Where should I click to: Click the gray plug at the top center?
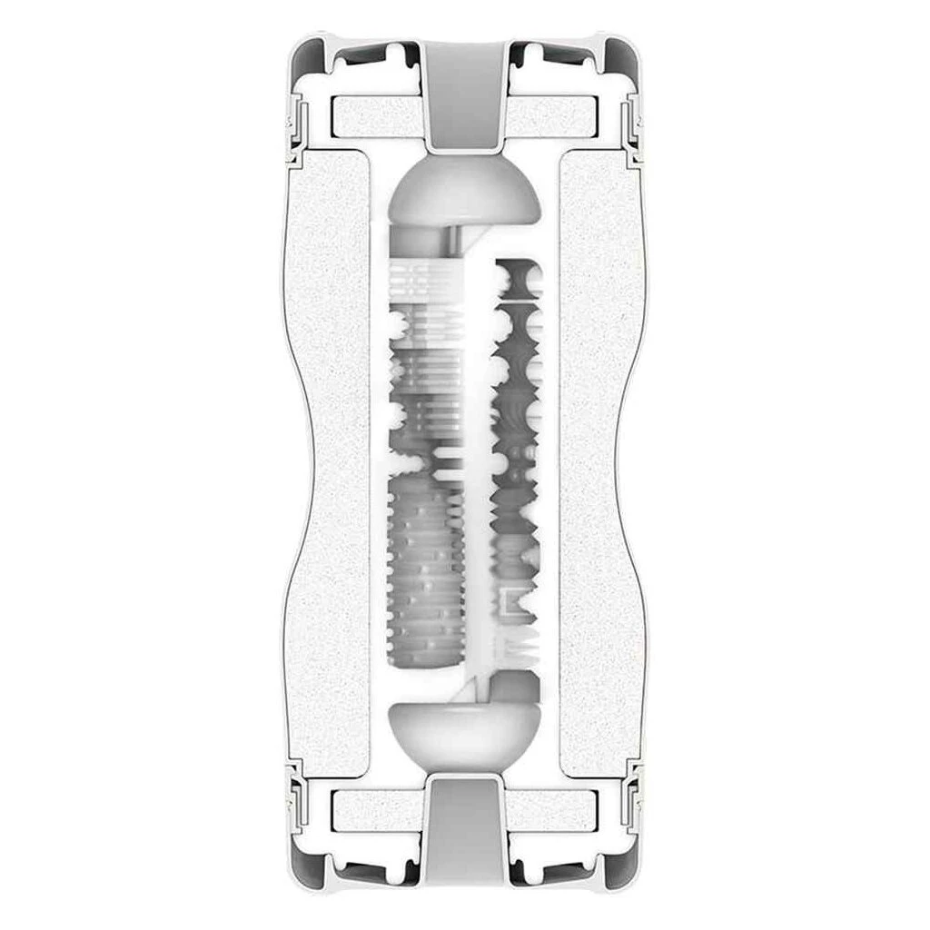point(464,95)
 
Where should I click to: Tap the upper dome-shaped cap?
point(464,195)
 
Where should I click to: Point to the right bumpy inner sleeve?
point(514,454)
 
